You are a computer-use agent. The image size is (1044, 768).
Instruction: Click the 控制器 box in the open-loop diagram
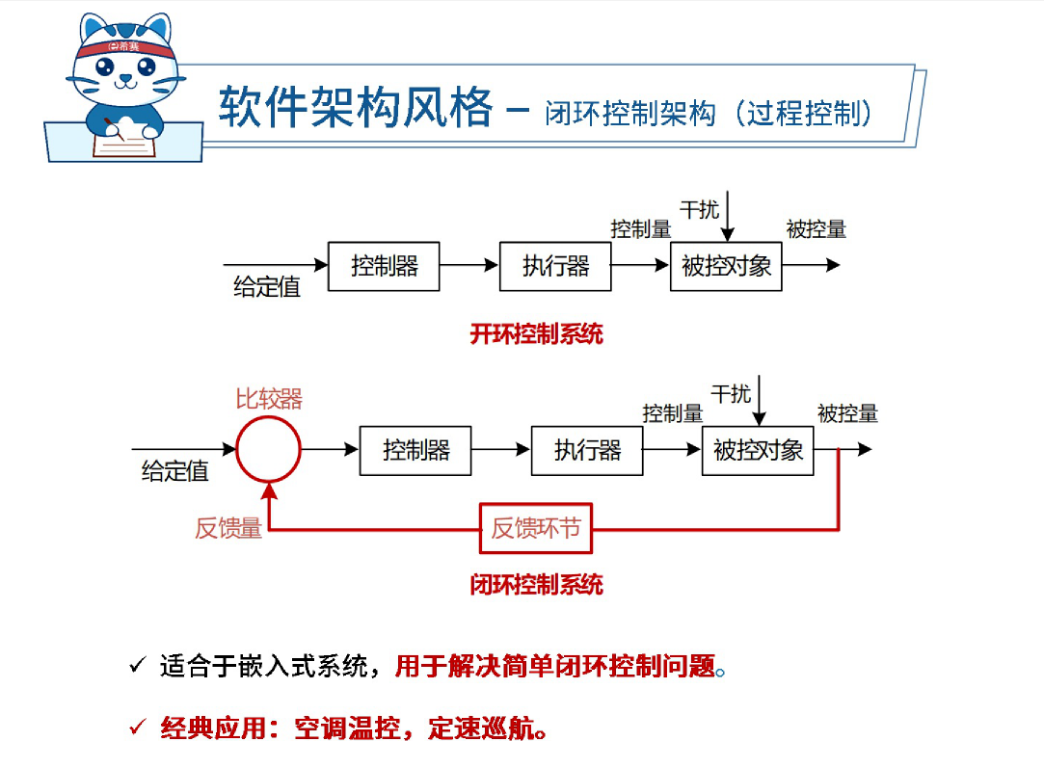[384, 266]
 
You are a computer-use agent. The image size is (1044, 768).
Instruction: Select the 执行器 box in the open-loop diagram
[555, 266]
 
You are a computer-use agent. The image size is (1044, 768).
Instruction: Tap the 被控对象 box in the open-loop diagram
[726, 266]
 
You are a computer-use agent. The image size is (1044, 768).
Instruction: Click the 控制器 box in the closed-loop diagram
[415, 450]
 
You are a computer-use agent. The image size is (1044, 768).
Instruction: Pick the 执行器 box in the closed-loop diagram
[587, 450]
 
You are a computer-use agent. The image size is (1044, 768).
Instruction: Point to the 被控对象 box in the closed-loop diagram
[758, 450]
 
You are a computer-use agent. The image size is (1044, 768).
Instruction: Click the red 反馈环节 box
[536, 528]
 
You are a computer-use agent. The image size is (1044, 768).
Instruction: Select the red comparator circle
[269, 450]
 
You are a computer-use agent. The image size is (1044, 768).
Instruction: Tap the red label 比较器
[269, 399]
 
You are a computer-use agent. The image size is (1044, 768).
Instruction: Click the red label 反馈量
[228, 528]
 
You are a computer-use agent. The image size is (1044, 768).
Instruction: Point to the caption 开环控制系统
[536, 334]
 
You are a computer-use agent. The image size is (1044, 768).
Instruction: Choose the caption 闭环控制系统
[536, 584]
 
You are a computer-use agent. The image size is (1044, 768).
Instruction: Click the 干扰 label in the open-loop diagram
[699, 209]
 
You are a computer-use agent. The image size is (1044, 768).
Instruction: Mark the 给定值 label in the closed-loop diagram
[175, 471]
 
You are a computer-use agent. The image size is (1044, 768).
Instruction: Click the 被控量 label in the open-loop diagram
[816, 229]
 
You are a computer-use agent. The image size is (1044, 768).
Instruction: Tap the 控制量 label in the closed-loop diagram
[673, 413]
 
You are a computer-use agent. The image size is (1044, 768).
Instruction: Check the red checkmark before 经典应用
[137, 726]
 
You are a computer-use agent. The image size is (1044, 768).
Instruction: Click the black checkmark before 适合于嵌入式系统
[137, 666]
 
